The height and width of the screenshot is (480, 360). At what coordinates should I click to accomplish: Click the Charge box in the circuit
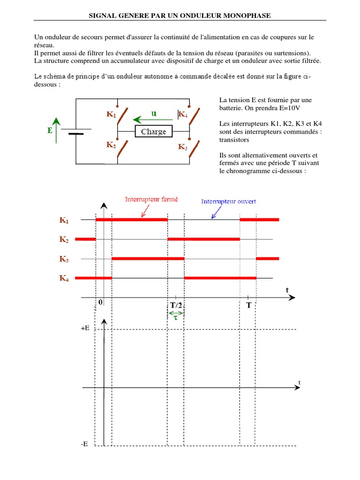click(153, 132)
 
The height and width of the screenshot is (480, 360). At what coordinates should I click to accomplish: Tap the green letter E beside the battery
click(50, 131)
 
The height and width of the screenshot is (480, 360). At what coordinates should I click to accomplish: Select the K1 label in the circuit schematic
click(112, 114)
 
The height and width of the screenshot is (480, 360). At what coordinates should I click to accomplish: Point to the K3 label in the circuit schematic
click(183, 147)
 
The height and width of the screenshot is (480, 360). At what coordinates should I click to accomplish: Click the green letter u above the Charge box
click(153, 113)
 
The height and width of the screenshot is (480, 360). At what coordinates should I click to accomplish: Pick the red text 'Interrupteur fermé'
click(151, 199)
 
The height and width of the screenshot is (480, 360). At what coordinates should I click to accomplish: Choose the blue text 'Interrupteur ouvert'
click(228, 202)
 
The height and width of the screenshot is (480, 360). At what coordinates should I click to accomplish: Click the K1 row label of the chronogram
click(64, 219)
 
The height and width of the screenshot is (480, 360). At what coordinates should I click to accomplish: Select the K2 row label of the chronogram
click(64, 240)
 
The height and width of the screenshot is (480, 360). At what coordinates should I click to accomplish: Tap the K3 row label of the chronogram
click(64, 259)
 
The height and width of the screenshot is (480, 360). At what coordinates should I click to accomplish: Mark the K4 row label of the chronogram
click(64, 278)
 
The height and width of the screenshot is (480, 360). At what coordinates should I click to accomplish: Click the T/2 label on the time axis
click(176, 305)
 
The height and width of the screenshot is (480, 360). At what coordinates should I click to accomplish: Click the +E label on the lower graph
click(85, 329)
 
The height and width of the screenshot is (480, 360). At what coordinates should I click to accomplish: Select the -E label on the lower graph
click(84, 443)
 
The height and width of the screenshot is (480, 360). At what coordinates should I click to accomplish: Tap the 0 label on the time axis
click(100, 303)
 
